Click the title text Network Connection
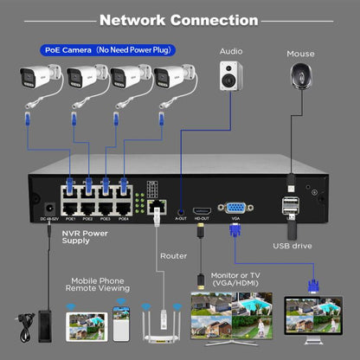(179, 19)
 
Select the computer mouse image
(301, 76)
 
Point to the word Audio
(231, 50)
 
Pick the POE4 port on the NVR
(123, 208)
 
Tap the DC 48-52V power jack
(48, 209)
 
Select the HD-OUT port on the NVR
(202, 210)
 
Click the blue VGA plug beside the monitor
(312, 284)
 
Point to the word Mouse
(301, 54)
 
